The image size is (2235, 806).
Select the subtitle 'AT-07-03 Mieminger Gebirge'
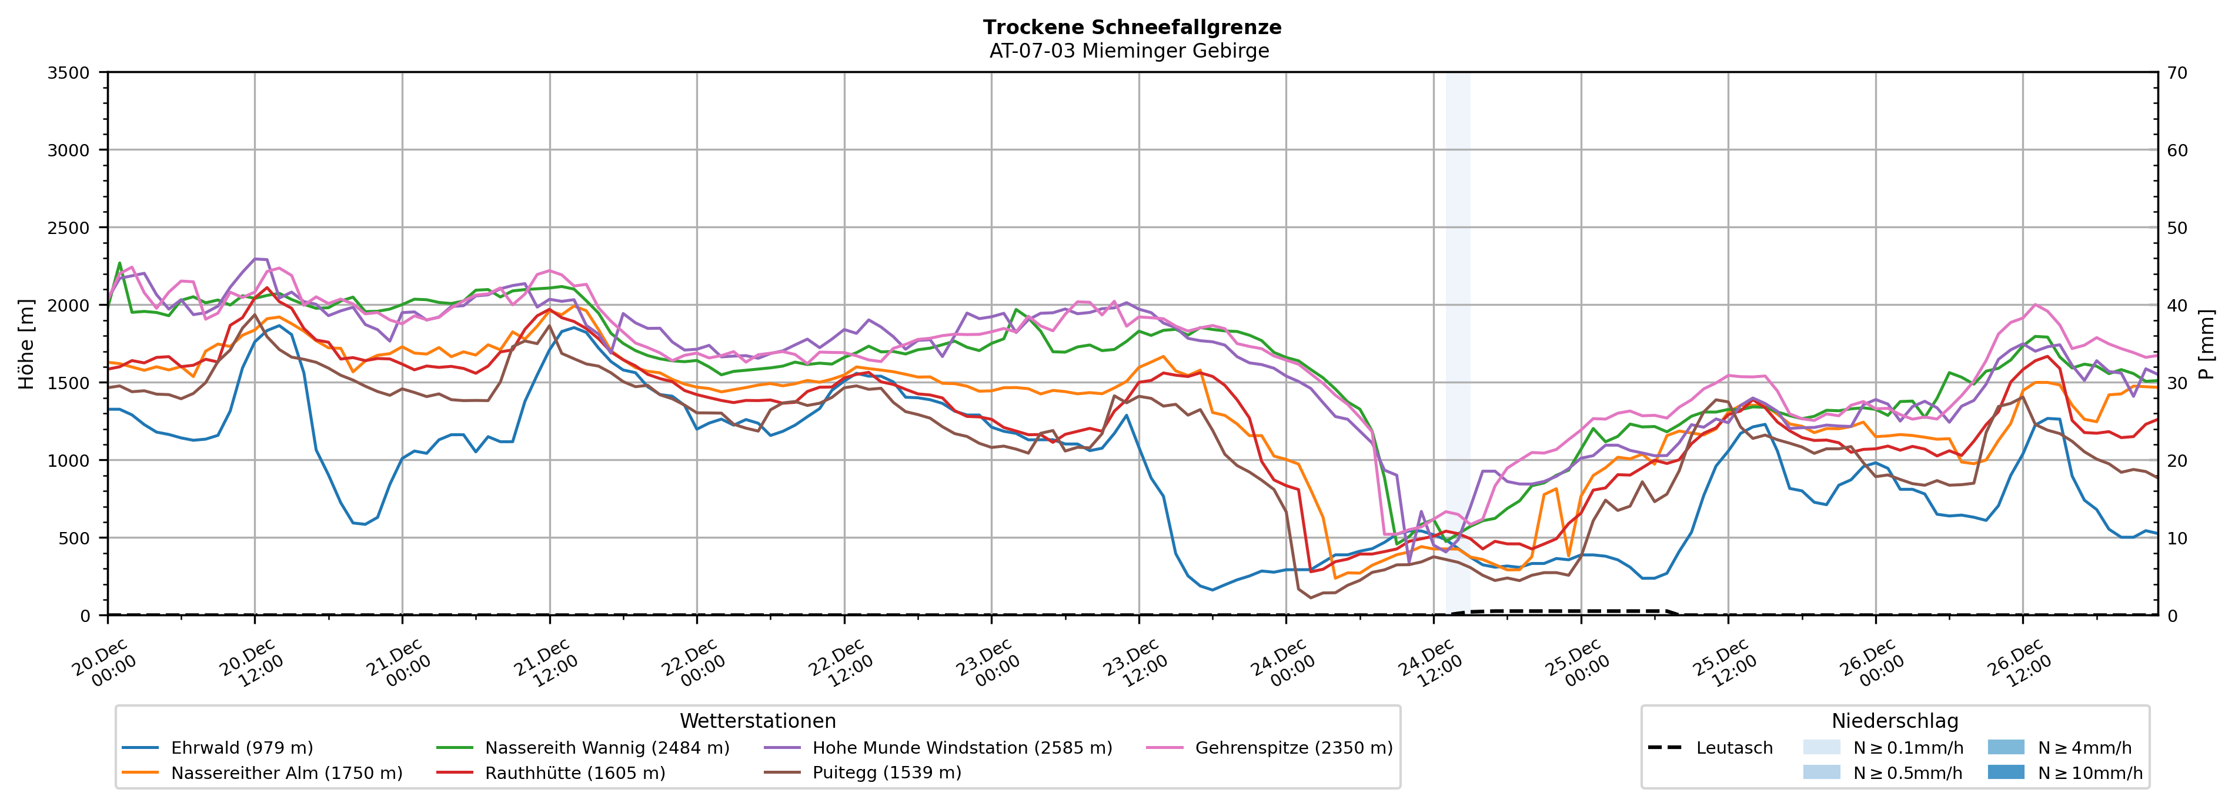pyautogui.click(x=1129, y=51)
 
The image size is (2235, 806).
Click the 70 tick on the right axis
pyautogui.click(x=2178, y=73)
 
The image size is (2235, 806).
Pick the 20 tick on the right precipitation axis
pyautogui.click(x=2178, y=461)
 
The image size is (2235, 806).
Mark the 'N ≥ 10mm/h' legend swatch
pyautogui.click(x=2005, y=772)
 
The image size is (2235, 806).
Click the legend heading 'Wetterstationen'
pyautogui.click(x=757, y=721)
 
